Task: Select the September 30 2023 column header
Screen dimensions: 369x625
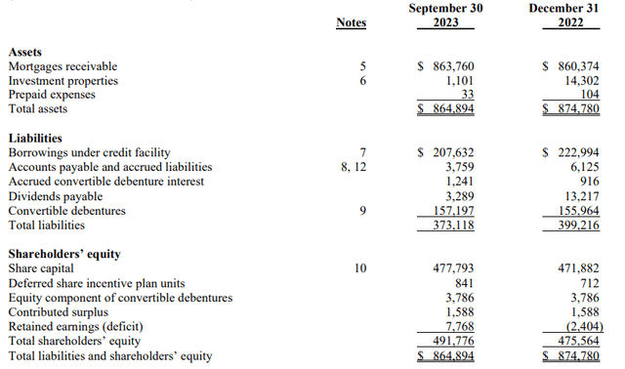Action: pos(445,15)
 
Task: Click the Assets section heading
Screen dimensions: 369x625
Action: pos(24,51)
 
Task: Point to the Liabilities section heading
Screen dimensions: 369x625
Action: pos(35,138)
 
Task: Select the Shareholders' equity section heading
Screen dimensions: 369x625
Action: pos(64,254)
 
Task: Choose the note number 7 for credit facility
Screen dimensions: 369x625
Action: pos(361,152)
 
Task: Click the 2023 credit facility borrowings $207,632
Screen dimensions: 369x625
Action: pos(445,152)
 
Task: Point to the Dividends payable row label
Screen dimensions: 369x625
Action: pos(56,196)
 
